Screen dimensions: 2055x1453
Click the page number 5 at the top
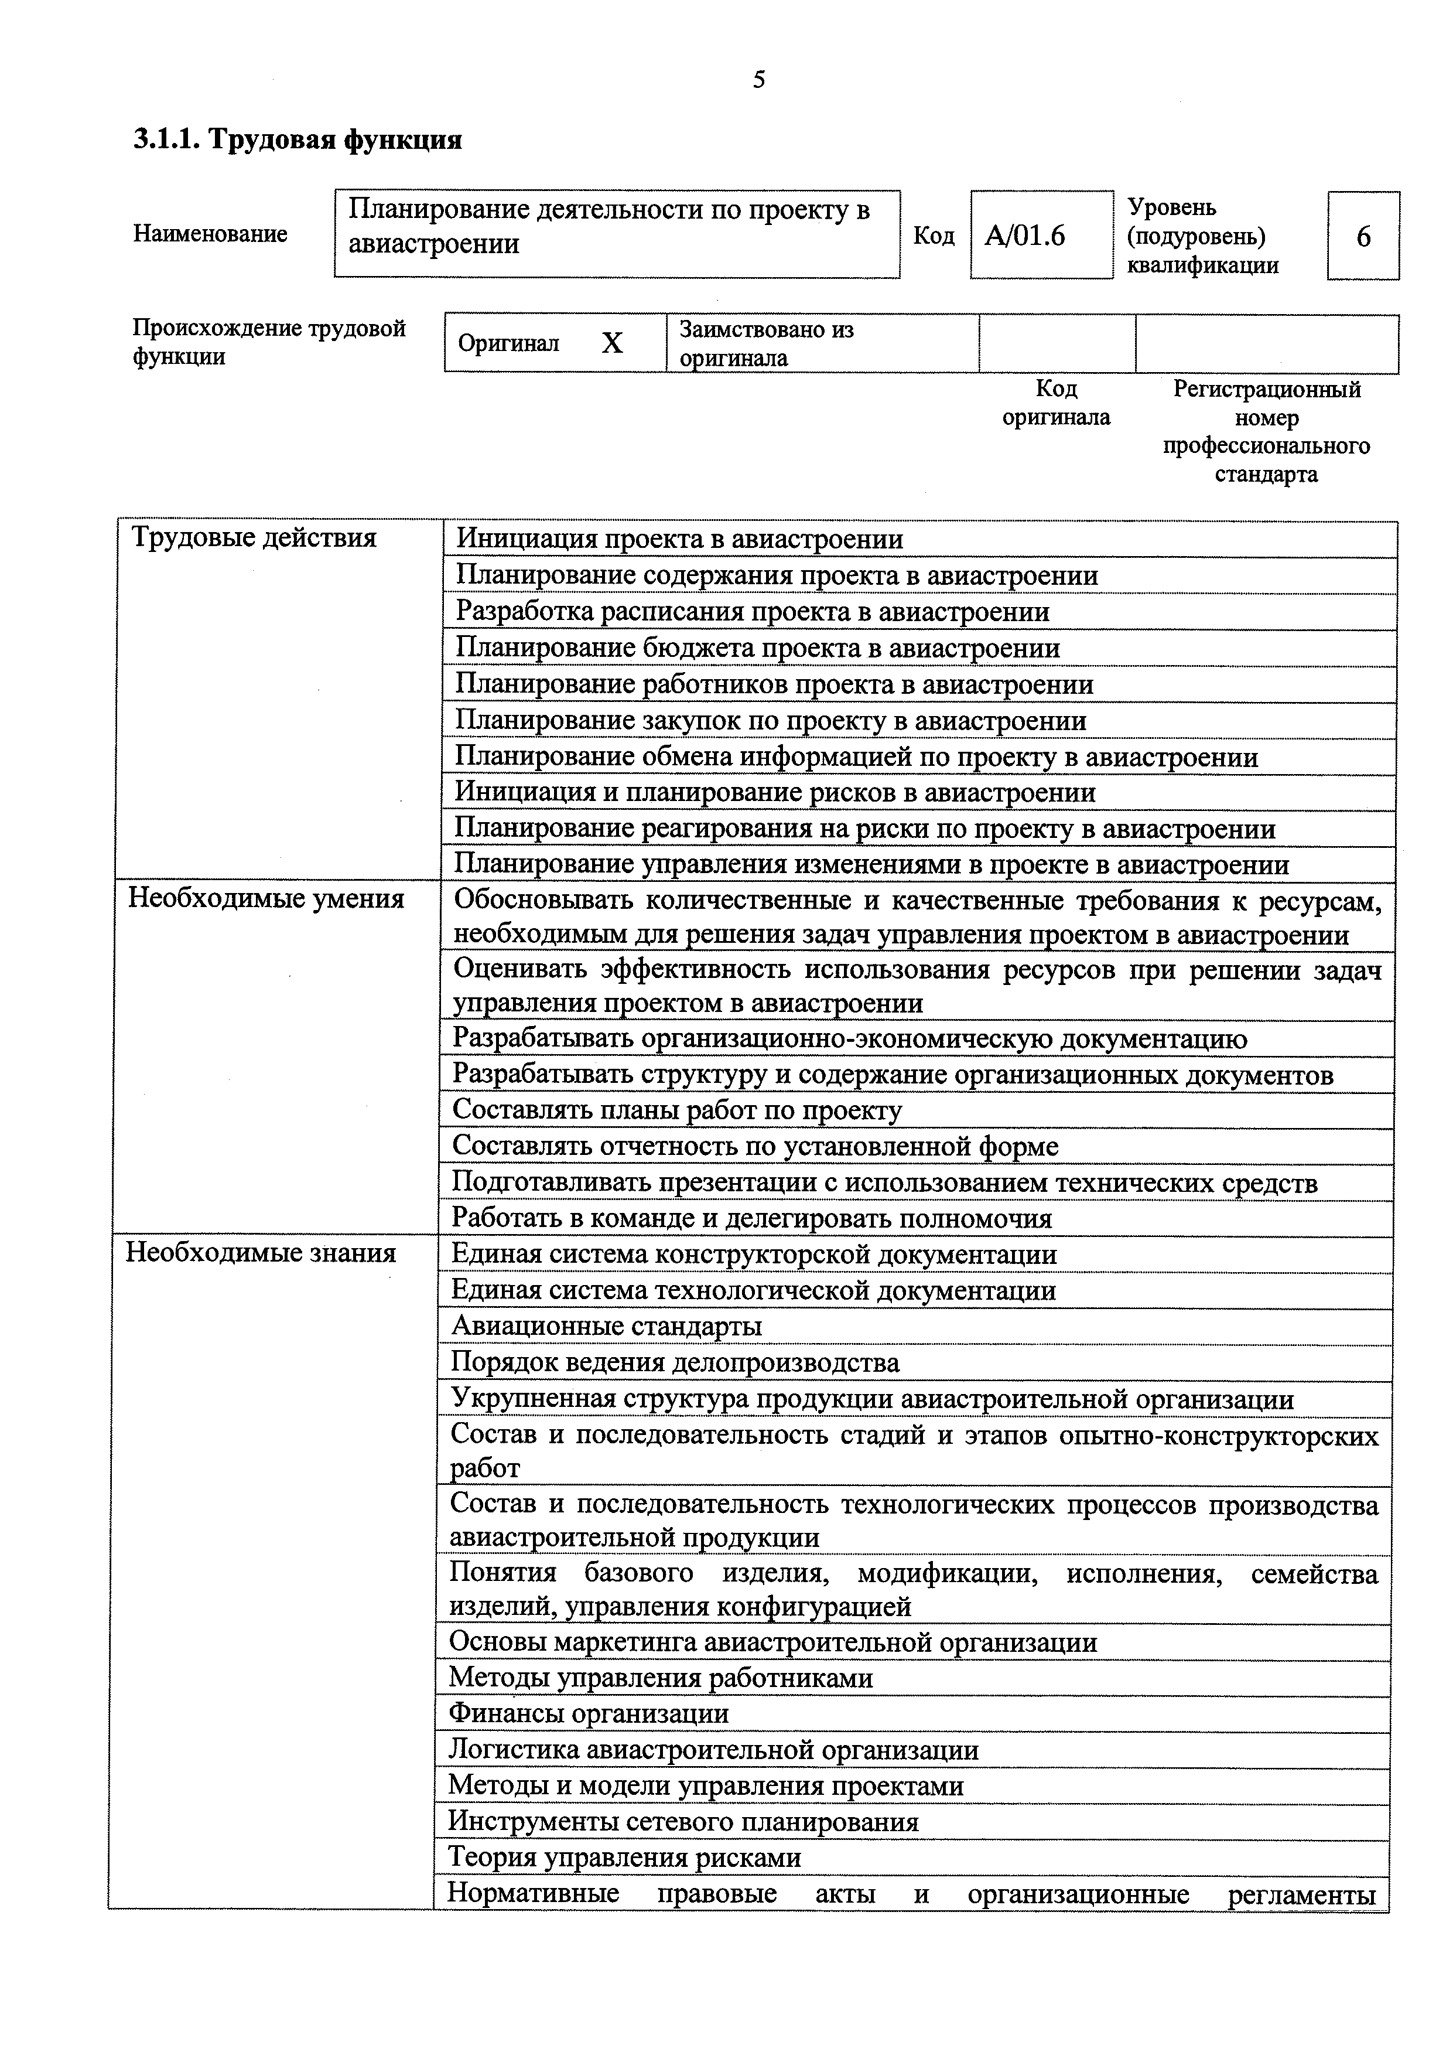758,80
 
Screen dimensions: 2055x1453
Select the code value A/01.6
1025,236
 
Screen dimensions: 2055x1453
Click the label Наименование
210,234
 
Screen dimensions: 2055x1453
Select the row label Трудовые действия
254,538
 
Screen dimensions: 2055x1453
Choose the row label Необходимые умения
266,899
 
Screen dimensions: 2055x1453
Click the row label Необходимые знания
261,1253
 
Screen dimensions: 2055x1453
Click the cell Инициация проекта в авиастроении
680,539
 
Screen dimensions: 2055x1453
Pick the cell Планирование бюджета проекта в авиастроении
758,648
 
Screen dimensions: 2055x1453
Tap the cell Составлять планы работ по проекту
677,1111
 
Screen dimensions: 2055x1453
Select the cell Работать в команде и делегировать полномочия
751,1219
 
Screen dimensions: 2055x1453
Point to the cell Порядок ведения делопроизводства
675,1363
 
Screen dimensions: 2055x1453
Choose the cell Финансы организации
589,1714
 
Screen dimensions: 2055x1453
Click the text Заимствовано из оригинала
767,344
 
